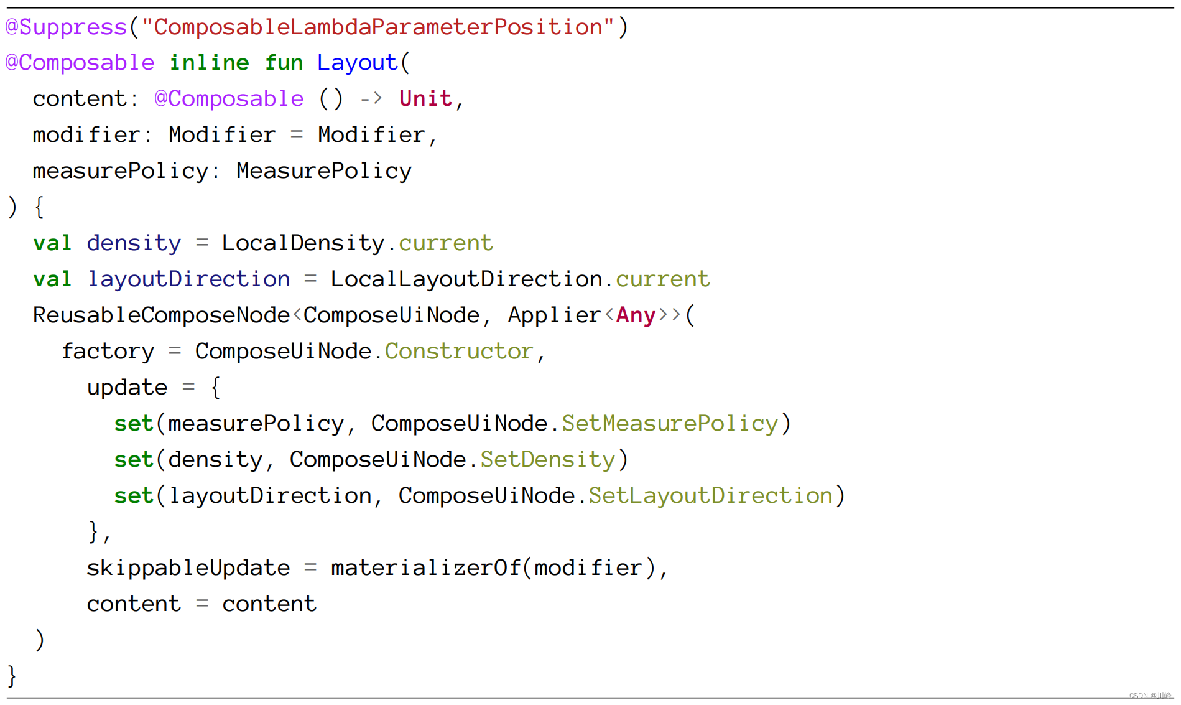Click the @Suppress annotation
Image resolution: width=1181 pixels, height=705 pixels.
66,27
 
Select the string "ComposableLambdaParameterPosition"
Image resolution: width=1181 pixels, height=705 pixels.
377,27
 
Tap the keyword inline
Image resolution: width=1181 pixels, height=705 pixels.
209,63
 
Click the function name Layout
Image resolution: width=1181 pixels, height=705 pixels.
357,63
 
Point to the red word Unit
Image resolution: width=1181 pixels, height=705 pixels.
425,99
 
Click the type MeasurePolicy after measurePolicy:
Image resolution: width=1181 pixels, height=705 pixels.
323,171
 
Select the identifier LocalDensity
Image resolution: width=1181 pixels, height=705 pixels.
303,243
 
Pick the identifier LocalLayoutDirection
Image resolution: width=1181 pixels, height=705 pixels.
466,279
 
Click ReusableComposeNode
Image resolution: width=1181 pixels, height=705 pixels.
161,315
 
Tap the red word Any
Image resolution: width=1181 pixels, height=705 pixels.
636,315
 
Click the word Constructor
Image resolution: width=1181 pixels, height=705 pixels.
458,352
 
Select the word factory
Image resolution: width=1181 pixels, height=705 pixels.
108,352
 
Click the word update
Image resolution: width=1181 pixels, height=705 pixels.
127,388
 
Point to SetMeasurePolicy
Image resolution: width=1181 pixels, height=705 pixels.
669,424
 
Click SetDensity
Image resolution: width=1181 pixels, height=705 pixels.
547,460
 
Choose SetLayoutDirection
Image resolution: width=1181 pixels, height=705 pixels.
710,496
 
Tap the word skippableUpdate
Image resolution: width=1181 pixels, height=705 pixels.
188,568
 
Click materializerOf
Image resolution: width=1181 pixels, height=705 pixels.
425,568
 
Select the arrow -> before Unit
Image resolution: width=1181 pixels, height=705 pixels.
371,99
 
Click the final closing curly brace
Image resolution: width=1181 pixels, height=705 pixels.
12,676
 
